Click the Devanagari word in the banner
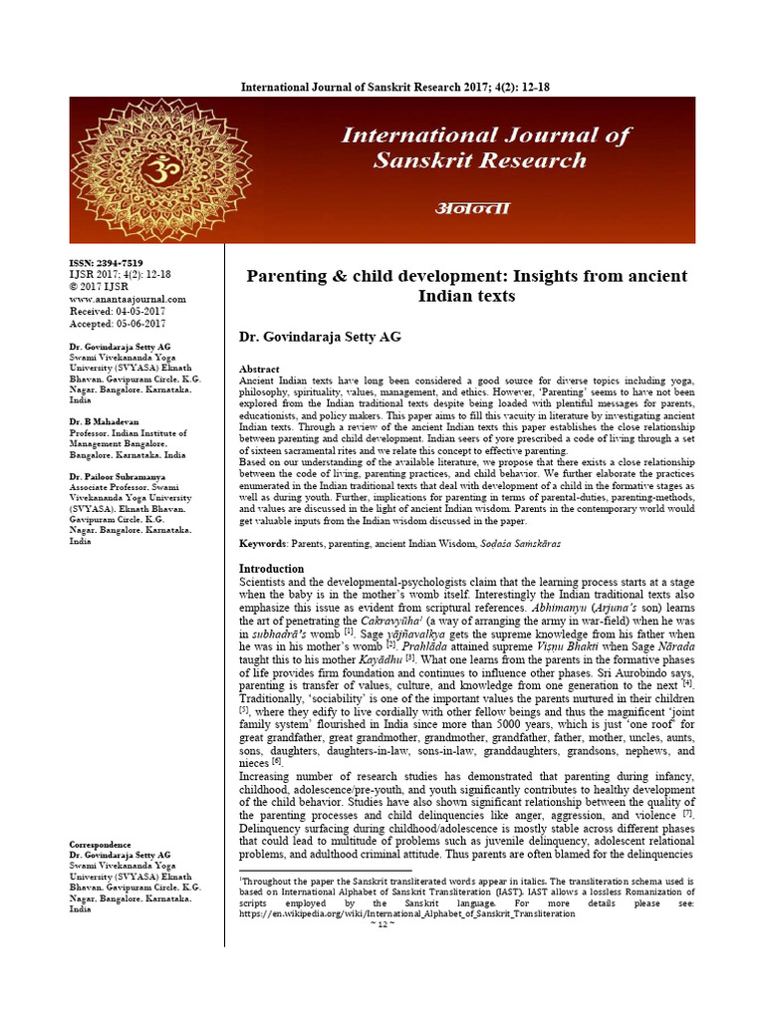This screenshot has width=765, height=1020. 471,207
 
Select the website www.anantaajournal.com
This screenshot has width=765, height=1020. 127,298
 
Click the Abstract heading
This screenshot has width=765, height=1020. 260,369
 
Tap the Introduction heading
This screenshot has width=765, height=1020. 279,568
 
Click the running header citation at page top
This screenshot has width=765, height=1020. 395,88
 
